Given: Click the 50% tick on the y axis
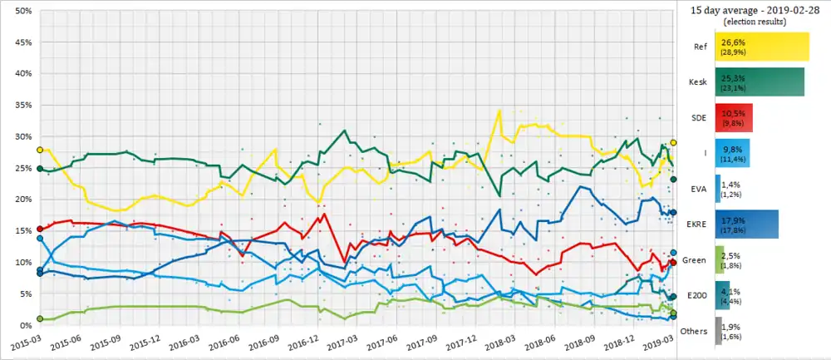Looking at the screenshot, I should point(23,11).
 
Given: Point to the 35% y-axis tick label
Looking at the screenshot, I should point(23,105).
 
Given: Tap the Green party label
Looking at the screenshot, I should point(694,260).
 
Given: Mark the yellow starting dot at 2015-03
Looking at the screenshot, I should point(39,150).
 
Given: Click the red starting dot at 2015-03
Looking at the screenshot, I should point(39,229).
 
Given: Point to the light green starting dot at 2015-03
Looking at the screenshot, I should point(39,318).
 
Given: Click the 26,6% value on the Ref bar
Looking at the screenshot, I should point(735,42).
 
